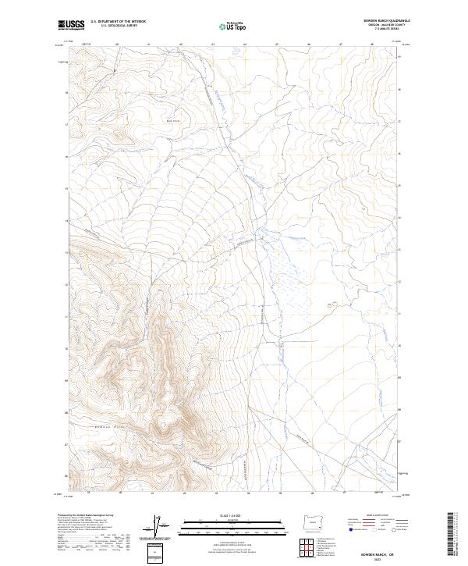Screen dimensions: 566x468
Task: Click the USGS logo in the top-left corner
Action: point(71,26)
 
